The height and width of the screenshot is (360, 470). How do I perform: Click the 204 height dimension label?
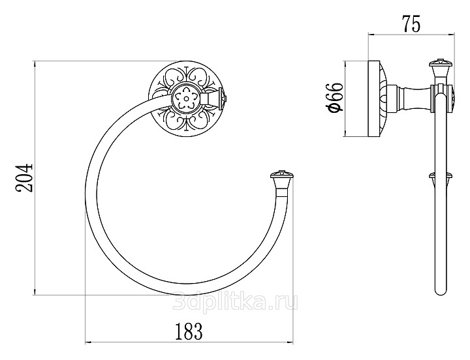(x=23, y=177)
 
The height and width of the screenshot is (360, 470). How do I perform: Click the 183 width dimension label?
(x=189, y=331)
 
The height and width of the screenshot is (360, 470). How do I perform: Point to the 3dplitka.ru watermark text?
(x=235, y=302)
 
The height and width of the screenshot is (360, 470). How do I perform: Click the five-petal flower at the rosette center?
(x=186, y=98)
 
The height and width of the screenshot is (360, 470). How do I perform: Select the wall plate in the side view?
(x=377, y=99)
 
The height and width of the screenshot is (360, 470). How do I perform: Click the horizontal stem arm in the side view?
(x=409, y=99)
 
